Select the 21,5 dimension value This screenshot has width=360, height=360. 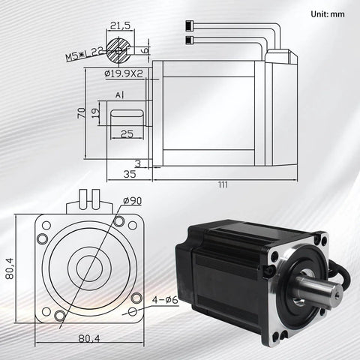tap(121, 25)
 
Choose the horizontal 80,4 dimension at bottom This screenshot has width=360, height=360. tap(89, 338)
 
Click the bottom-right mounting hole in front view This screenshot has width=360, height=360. tap(133, 311)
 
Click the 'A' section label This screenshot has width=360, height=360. tap(118, 95)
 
